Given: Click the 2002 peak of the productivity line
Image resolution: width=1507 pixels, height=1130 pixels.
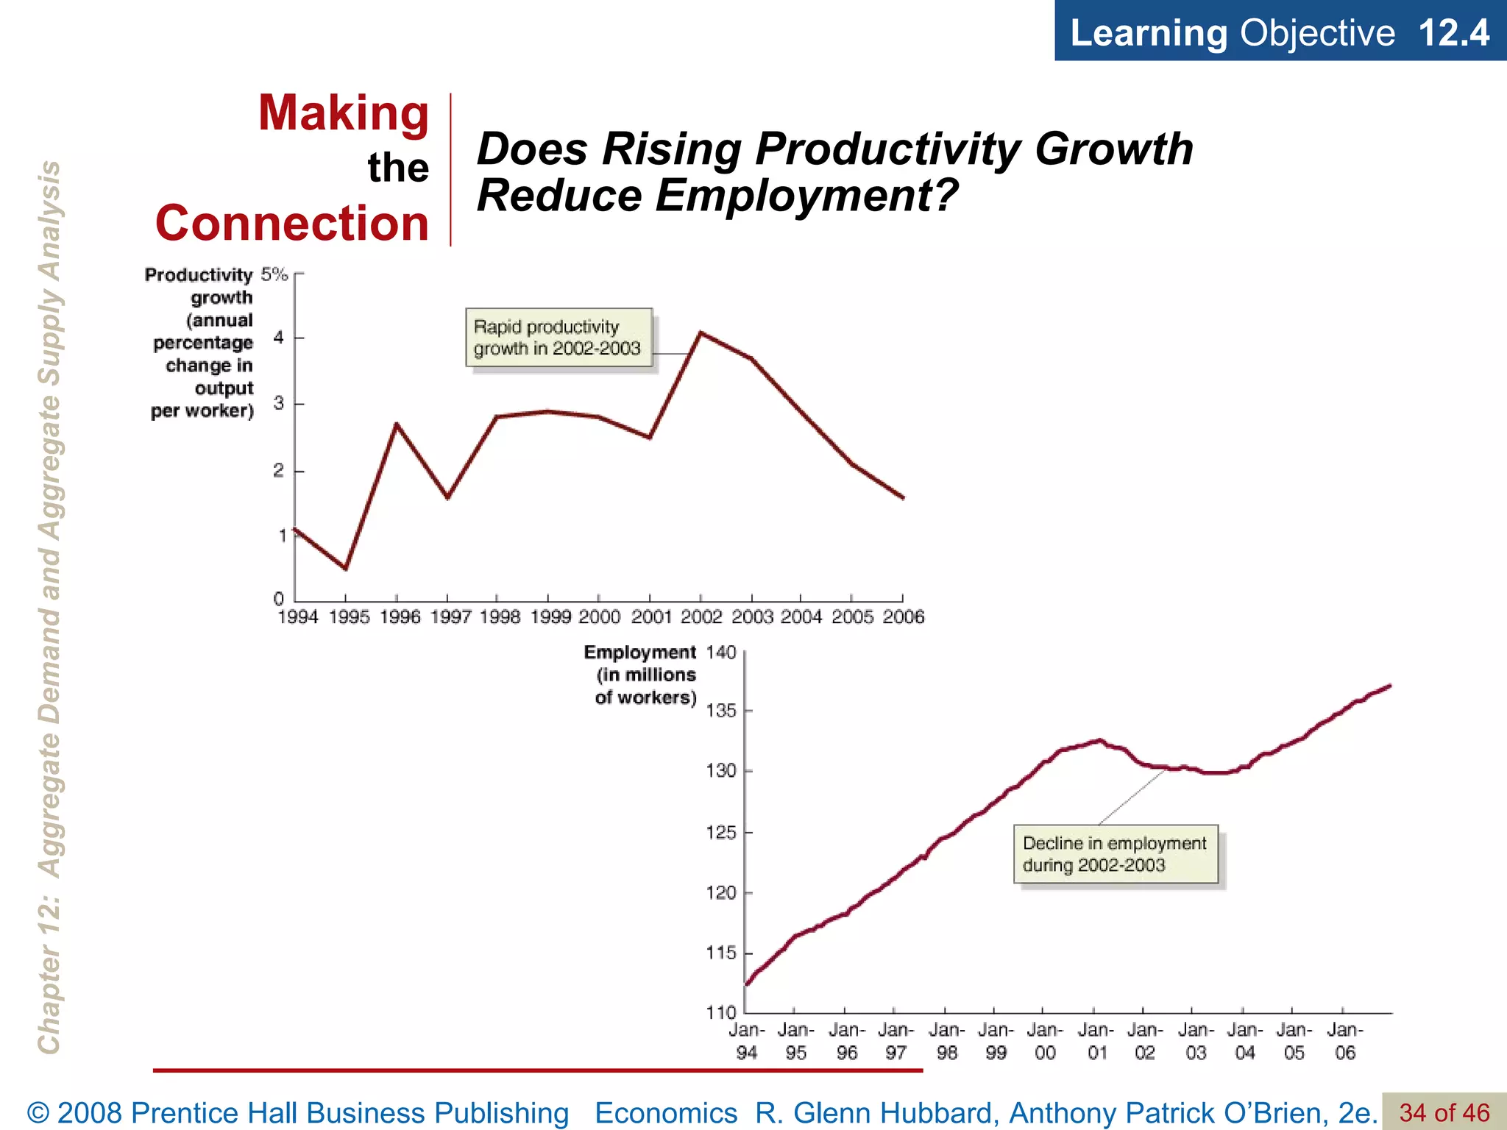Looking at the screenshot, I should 701,333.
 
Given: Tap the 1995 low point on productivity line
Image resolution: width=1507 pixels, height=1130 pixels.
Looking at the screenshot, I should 345,568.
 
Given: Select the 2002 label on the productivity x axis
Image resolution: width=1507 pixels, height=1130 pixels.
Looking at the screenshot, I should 701,617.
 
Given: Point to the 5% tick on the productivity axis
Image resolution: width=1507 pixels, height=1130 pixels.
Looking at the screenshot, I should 274,274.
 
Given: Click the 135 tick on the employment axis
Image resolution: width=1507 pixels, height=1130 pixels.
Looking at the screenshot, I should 721,711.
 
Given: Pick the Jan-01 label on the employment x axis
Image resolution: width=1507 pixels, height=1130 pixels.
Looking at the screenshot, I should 1096,1041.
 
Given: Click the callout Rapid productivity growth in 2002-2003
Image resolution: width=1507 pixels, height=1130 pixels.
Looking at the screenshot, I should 559,338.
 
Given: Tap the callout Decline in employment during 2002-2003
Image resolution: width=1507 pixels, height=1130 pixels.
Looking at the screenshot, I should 1115,854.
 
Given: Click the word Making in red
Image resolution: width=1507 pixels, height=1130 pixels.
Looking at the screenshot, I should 343,114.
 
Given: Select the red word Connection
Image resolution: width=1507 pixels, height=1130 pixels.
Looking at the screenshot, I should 292,224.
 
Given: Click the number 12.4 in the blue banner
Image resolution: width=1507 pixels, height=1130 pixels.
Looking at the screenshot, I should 1453,33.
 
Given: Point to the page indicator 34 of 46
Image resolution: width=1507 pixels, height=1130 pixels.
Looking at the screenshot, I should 1444,1112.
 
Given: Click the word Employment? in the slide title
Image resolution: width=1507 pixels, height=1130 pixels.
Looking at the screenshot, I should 806,196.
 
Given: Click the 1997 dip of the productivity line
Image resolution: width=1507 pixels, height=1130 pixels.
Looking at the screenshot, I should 447,498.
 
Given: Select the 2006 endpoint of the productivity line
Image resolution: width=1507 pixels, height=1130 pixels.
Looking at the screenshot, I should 903,498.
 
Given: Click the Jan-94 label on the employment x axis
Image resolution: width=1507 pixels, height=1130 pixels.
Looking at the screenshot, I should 746,1041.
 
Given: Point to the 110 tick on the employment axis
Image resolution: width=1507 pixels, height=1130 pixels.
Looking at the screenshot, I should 721,1012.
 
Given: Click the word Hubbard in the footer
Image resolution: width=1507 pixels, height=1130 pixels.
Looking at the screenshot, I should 935,1113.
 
